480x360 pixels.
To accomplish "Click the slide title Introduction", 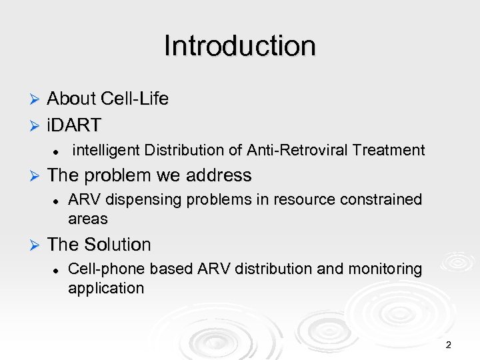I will click(239, 47).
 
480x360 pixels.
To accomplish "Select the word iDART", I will click(74, 124).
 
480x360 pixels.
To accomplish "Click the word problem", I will click(115, 176).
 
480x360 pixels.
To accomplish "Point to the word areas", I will click(87, 219).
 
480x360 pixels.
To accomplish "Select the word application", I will click(105, 289).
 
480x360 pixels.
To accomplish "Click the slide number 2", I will click(448, 345).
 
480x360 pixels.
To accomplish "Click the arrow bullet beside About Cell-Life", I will click(36, 100).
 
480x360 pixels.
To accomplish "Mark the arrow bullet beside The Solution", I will click(36, 245).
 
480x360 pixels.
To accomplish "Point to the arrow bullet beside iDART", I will click(36, 125).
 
